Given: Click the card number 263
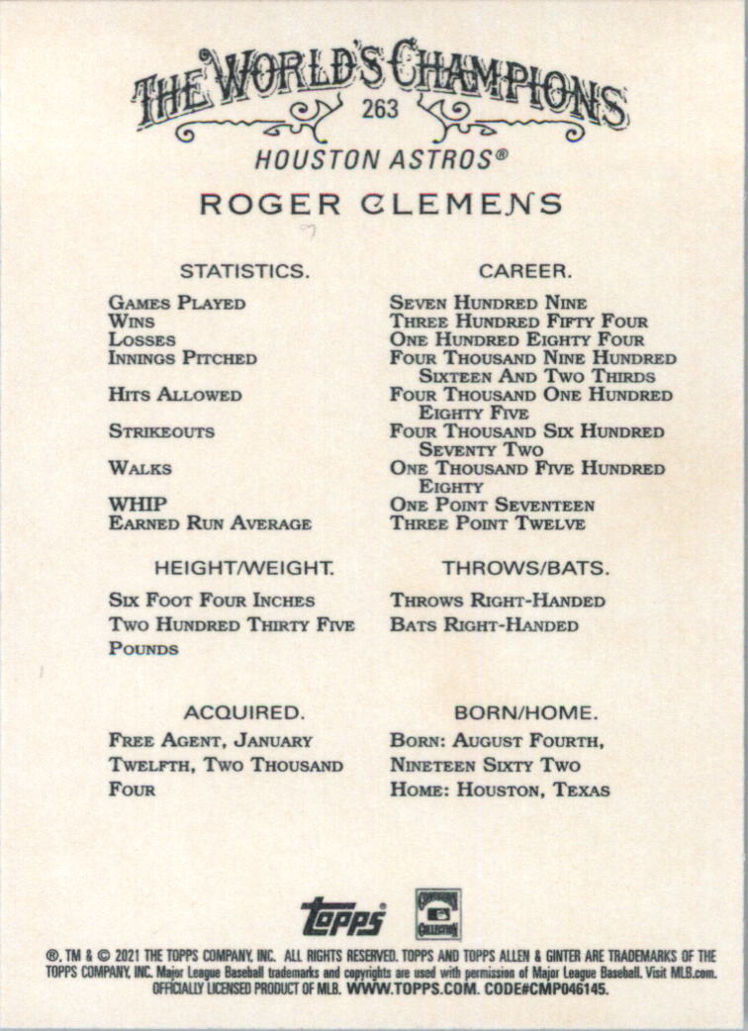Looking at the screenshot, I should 380,108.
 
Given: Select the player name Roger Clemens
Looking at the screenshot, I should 381,205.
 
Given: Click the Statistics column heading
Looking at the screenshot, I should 244,270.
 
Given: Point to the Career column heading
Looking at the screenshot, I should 524,270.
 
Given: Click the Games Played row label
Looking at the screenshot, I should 177,304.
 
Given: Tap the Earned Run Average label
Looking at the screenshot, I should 210,523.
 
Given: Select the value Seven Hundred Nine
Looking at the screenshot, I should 488,304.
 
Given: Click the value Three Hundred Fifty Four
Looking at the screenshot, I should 518,322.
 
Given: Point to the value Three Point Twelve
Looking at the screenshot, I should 487,523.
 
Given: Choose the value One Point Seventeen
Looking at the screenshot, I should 492,506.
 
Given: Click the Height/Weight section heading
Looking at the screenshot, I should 243,569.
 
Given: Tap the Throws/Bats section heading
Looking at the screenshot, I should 524,569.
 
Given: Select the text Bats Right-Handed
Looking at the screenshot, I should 484,625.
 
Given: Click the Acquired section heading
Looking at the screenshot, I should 243,712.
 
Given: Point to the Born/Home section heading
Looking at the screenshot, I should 524,712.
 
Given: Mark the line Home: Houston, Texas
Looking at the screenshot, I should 500,791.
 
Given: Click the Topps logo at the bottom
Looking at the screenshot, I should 342,915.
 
